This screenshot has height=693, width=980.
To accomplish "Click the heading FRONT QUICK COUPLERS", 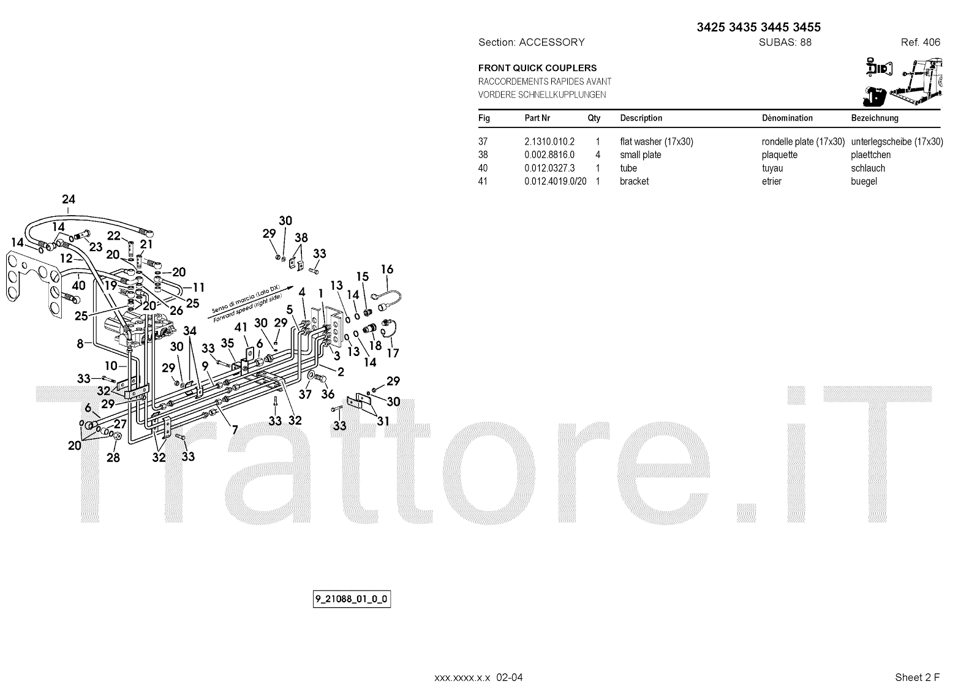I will [537, 68].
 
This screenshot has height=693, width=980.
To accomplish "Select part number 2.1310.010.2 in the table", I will [549, 142].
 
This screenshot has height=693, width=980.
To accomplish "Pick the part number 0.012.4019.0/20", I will [555, 181].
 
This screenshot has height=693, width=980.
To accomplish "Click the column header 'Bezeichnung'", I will [875, 118].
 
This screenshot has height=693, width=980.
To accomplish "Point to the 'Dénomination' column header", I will [787, 118].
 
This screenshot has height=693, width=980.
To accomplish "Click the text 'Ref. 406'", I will [920, 42].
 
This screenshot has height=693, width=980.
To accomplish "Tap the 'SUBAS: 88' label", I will [785, 42].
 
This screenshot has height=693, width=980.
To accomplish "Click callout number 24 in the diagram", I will [69, 199].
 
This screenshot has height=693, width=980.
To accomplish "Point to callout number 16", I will [386, 269].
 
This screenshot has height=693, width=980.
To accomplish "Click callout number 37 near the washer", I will [305, 395].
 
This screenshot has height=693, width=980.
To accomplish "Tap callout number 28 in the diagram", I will [113, 457].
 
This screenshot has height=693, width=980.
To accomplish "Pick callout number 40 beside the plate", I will [78, 285].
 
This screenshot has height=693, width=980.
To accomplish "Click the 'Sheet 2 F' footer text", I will [917, 677].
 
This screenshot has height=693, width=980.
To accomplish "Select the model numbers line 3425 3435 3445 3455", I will [758, 27].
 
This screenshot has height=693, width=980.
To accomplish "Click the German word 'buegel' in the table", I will [864, 181].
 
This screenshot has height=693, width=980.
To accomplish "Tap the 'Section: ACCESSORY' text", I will [531, 42].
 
